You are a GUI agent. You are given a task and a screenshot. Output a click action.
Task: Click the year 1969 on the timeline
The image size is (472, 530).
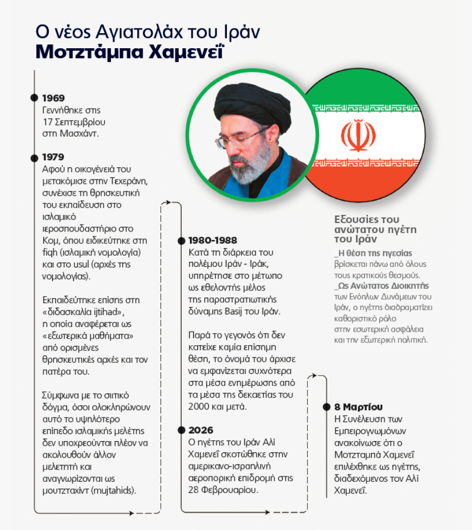pyautogui.click(x=54, y=98)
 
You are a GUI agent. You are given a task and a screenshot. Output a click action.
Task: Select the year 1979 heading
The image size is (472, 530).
pyautogui.click(x=54, y=157)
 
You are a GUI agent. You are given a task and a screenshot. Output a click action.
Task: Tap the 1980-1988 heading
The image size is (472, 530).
pyautogui.click(x=212, y=240)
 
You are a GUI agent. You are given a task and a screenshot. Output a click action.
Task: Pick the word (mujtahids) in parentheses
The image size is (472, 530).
pyautogui.click(x=119, y=489)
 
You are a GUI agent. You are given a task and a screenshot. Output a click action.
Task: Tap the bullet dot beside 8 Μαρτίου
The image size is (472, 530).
pyautogui.click(x=327, y=407)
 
